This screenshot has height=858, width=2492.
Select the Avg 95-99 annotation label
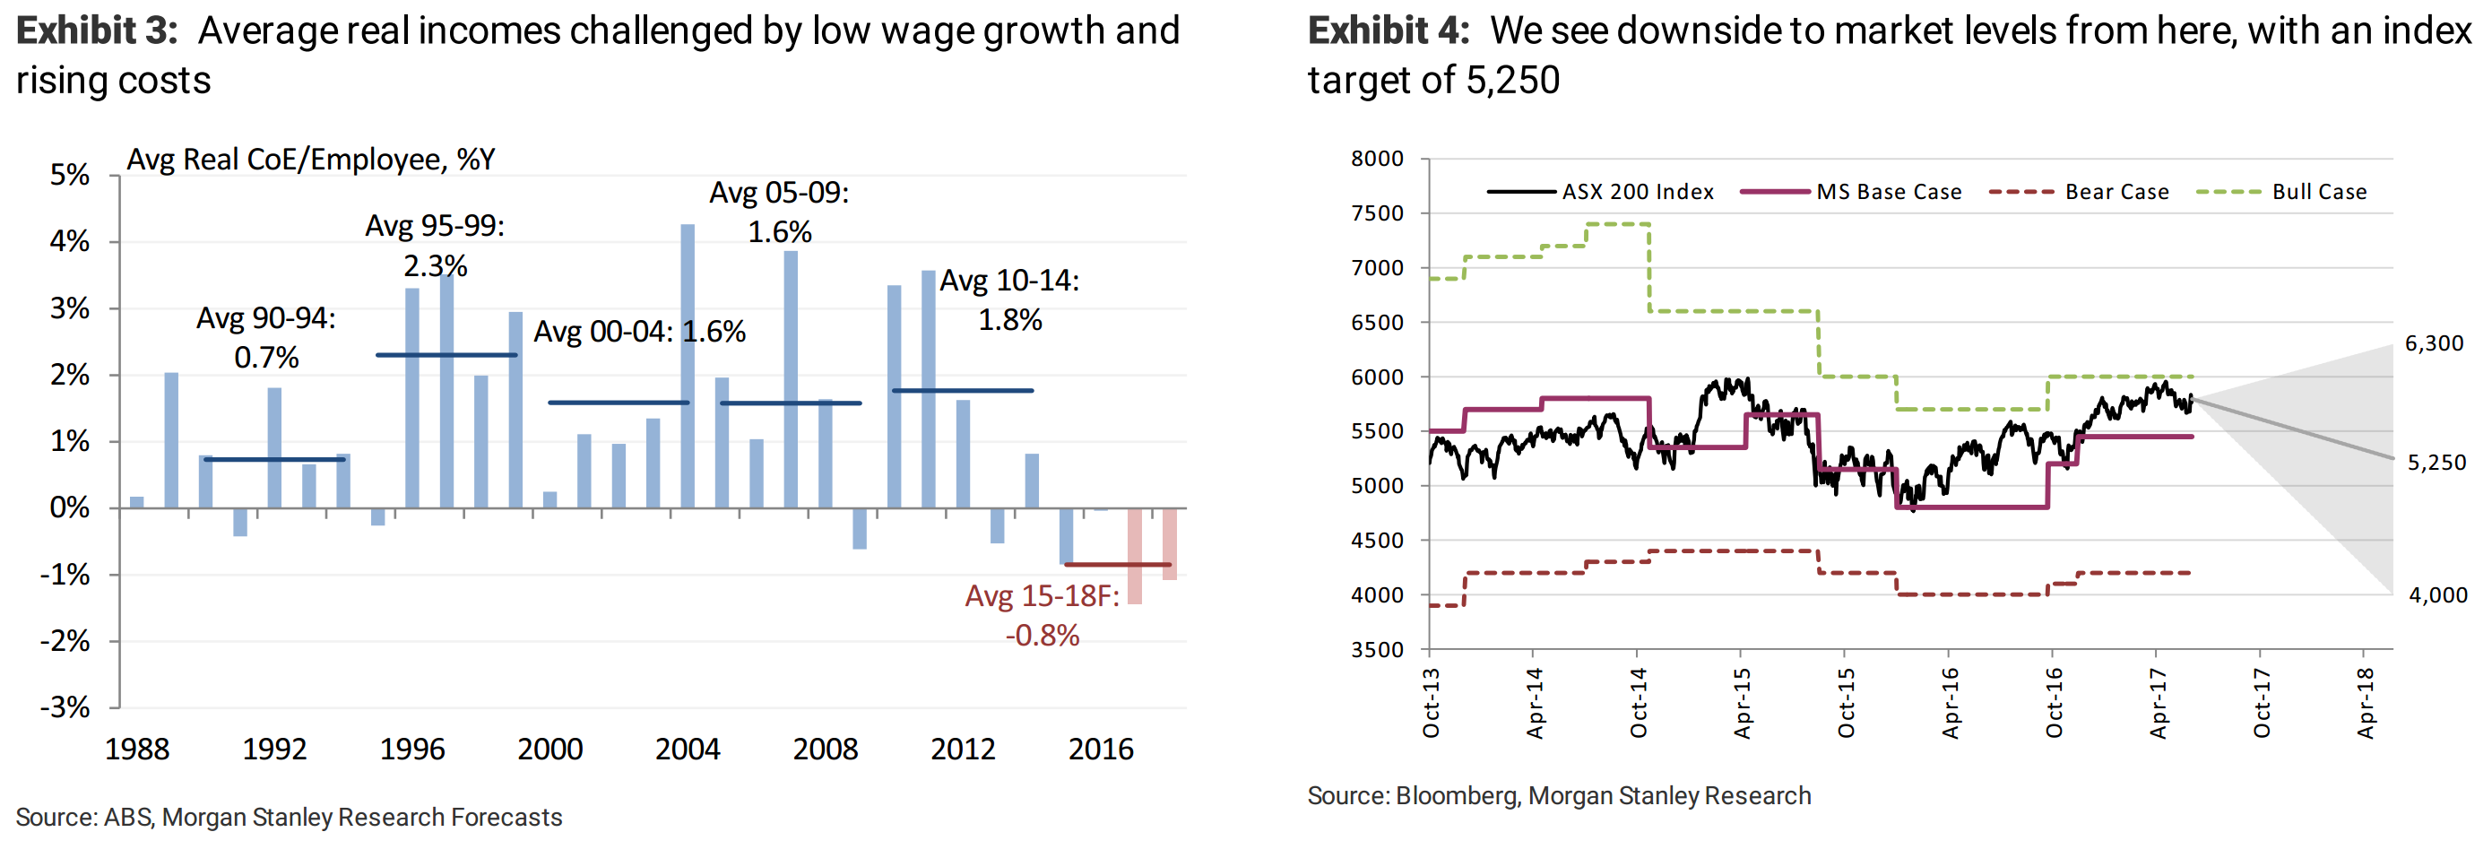pyautogui.click(x=436, y=246)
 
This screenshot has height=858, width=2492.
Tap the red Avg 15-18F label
pyautogui.click(x=1042, y=615)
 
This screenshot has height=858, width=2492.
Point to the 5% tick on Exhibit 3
pyautogui.click(x=70, y=175)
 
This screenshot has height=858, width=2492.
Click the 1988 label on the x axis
pyautogui.click(x=136, y=749)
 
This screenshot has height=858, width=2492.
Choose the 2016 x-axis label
pyautogui.click(x=1101, y=749)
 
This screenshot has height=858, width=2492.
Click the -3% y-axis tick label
pyautogui.click(x=65, y=707)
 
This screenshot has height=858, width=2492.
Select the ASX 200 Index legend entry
pyautogui.click(x=1637, y=192)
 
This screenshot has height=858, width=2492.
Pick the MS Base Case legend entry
pyautogui.click(x=1889, y=192)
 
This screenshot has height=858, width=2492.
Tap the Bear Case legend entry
pyautogui.click(x=2116, y=192)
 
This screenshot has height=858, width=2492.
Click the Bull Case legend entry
pyautogui.click(x=2319, y=192)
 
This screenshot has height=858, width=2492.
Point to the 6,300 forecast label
pyautogui.click(x=2434, y=343)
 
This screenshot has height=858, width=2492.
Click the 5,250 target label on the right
pyautogui.click(x=2436, y=463)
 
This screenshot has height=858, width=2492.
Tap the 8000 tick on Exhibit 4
pyautogui.click(x=1377, y=159)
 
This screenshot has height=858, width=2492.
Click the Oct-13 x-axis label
pyautogui.click(x=1431, y=703)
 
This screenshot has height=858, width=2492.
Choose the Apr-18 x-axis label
pyautogui.click(x=2366, y=703)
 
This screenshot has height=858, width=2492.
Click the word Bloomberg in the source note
pyautogui.click(x=1457, y=796)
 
